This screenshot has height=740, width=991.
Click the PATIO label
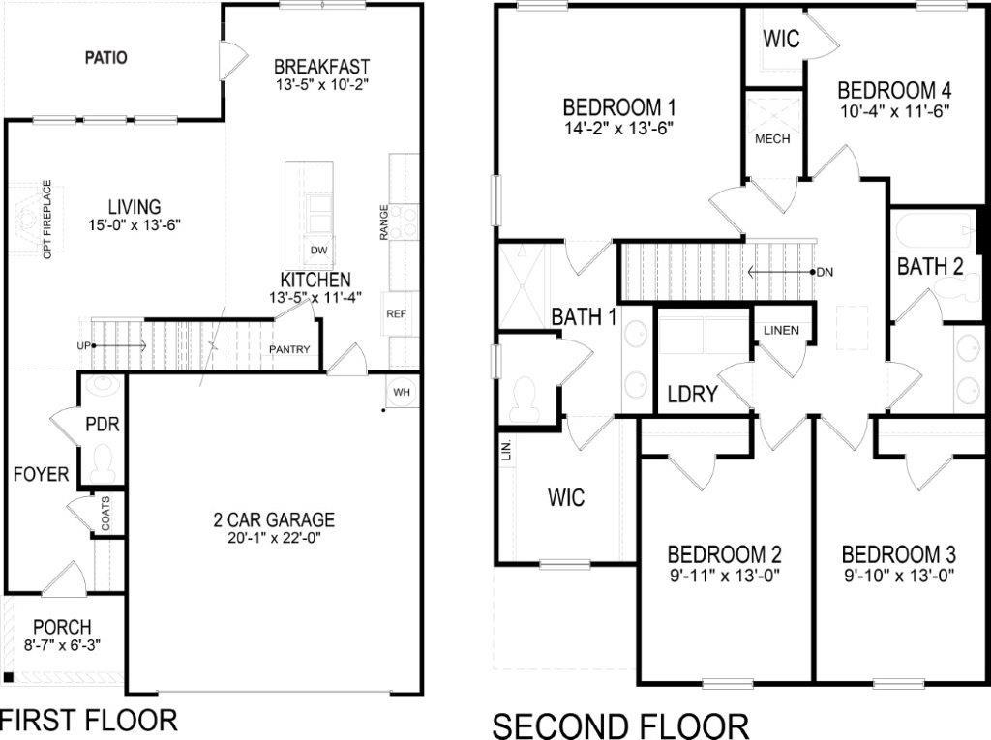click(x=105, y=57)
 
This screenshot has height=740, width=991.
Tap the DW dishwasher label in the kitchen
click(x=317, y=250)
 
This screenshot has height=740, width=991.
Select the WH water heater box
click(x=402, y=391)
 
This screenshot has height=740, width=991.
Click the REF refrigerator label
click(x=396, y=314)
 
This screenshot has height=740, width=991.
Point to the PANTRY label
click(x=290, y=349)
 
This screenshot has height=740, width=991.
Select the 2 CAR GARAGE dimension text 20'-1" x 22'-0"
click(x=274, y=539)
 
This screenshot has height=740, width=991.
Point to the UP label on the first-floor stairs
click(x=84, y=345)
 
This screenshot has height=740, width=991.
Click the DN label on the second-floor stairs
click(x=825, y=272)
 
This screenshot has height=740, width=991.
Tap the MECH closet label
click(x=772, y=139)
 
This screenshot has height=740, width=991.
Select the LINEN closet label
click(x=781, y=331)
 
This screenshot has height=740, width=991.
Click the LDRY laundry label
click(x=692, y=394)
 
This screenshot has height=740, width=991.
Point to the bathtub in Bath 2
click(x=932, y=232)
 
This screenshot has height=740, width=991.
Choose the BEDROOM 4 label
click(x=894, y=90)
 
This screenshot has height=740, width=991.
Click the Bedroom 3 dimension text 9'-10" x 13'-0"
click(x=899, y=576)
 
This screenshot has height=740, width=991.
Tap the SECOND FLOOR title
click(x=620, y=725)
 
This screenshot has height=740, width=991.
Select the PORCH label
click(x=62, y=626)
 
